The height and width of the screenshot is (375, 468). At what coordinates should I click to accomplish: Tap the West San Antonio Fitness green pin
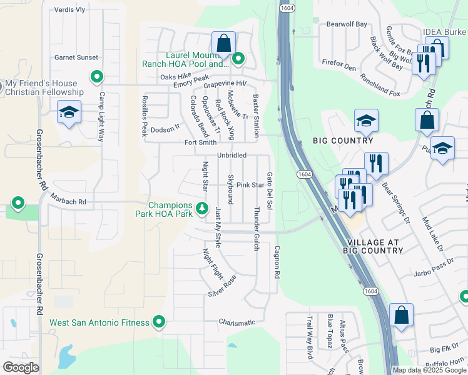click(159, 322)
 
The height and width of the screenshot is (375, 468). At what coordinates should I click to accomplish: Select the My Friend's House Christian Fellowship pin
click(96, 77)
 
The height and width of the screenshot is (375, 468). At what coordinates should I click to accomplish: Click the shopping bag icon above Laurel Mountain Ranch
click(223, 44)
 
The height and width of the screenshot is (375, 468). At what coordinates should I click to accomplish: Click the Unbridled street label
click(231, 155)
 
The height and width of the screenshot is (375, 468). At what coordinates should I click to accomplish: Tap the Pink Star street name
click(250, 185)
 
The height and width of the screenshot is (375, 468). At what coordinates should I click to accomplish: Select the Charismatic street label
click(237, 322)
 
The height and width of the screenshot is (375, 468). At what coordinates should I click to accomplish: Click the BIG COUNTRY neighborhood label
click(342, 141)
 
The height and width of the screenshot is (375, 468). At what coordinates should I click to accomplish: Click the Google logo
click(21, 367)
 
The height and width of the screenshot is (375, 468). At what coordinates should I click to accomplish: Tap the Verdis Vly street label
click(69, 10)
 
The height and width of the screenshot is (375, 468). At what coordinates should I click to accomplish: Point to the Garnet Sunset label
click(76, 57)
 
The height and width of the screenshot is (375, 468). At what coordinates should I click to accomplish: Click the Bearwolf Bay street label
click(347, 24)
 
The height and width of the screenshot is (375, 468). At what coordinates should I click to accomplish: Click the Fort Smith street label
click(200, 142)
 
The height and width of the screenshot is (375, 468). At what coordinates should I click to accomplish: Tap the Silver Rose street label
click(223, 286)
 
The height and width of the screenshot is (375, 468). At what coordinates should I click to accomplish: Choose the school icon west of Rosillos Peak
click(68, 113)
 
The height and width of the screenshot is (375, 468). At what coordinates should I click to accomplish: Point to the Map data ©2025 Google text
click(430, 370)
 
